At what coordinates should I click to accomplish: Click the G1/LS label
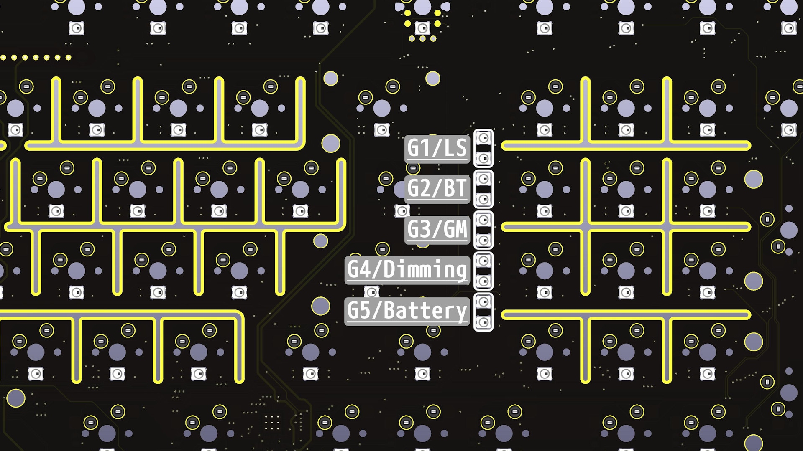coord(437,148)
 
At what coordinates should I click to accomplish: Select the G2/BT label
coord(437,188)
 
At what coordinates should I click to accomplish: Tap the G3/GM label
coord(437,229)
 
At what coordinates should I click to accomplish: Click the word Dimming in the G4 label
coord(425,270)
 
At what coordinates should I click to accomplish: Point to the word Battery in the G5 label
coord(425,311)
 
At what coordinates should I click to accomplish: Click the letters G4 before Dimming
coord(359,270)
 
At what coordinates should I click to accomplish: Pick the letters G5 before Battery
coord(359,311)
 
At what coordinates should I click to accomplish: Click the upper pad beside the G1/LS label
coord(483,138)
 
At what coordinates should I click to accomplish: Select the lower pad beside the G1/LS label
coord(483,158)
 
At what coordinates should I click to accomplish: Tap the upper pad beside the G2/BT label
coord(483,179)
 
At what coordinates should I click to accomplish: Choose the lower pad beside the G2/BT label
coord(483,199)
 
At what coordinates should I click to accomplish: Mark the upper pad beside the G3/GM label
coord(483,220)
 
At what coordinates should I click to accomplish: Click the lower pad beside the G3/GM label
coord(483,240)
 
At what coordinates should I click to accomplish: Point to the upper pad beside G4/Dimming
coord(483,261)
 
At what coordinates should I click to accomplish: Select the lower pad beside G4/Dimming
coord(483,281)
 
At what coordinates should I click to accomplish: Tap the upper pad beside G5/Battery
coord(483,302)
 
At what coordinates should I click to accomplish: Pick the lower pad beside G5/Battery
coord(483,322)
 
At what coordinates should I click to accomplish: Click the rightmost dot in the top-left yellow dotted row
coord(69,58)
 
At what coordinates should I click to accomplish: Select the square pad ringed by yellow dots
coord(422,28)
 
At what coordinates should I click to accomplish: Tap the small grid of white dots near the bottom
coord(272,422)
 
